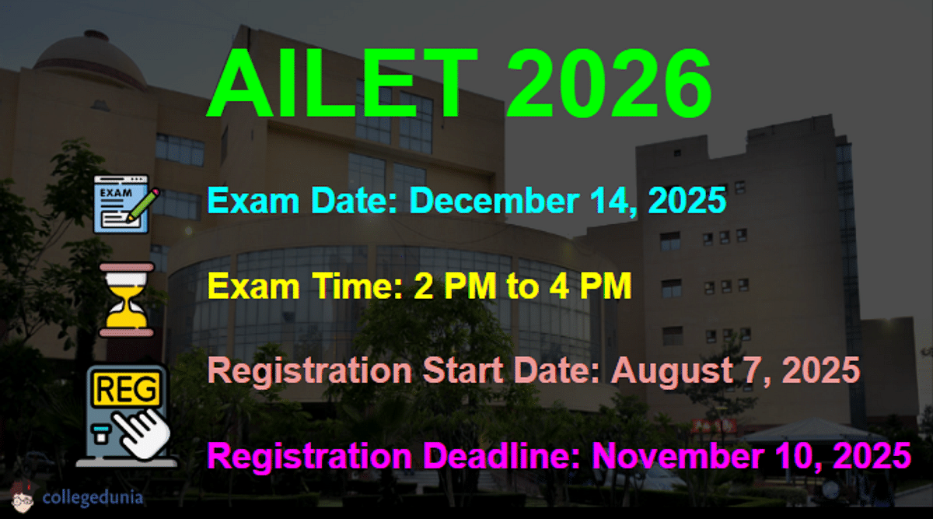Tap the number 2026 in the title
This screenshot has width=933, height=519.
[609, 83]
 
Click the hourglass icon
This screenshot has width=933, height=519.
[127, 300]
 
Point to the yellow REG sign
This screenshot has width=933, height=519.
[126, 389]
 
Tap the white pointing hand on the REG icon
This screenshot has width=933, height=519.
[142, 433]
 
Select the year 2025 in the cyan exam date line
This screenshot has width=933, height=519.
[687, 201]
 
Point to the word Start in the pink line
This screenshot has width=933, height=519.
[463, 370]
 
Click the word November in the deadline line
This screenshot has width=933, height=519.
[678, 456]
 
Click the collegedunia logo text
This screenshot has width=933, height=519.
[93, 497]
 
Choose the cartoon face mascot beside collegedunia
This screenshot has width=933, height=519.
[23, 497]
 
